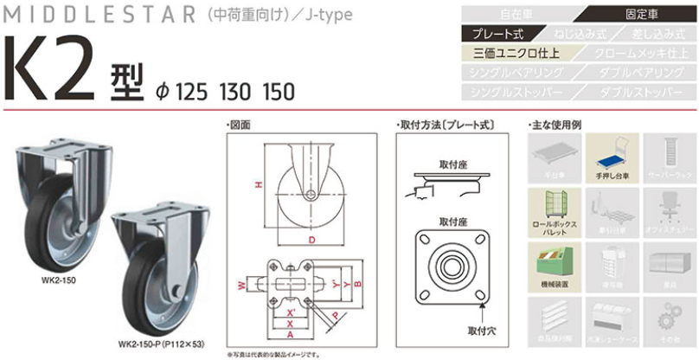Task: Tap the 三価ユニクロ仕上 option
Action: pyautogui.click(x=516, y=53)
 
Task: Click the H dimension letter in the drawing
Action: pyautogui.click(x=257, y=183)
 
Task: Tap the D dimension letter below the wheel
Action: pyautogui.click(x=306, y=240)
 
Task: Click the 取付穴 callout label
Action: pyautogui.click(x=481, y=330)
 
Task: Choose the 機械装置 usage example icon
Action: pyautogui.click(x=553, y=264)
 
